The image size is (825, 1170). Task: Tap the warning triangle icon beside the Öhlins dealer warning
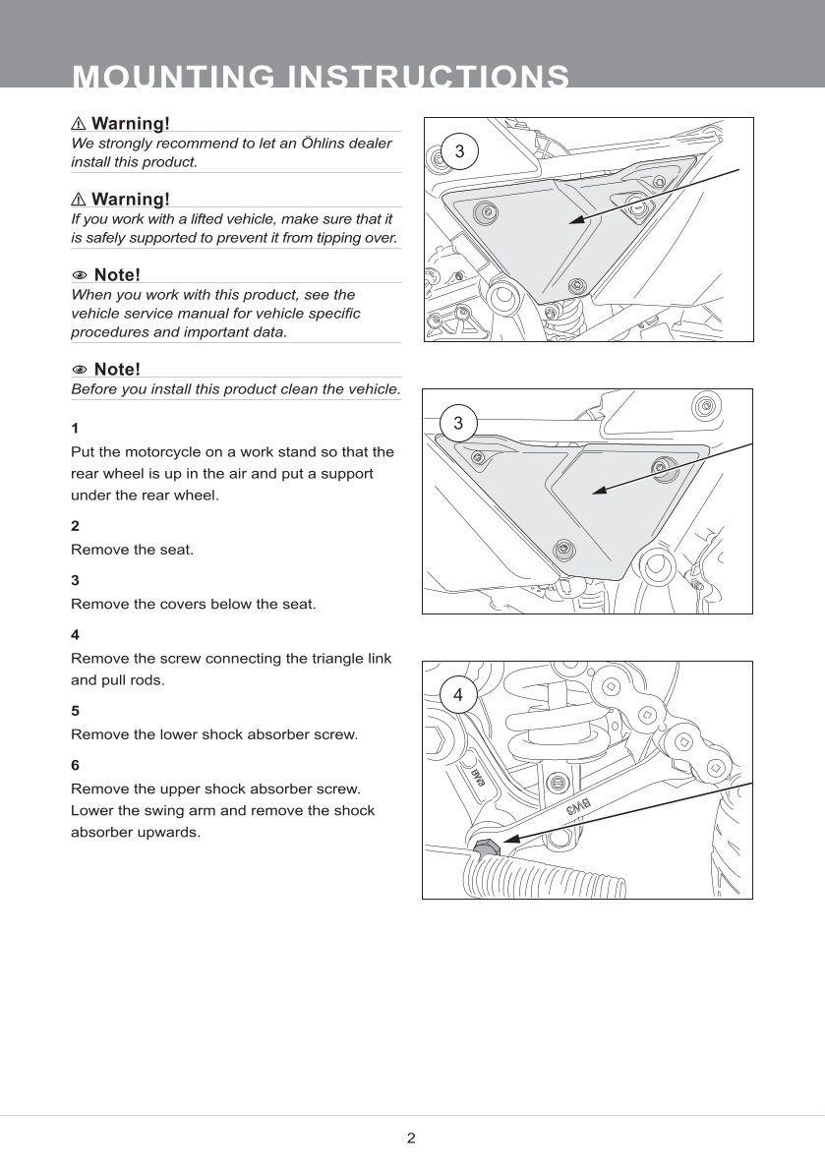click(x=79, y=124)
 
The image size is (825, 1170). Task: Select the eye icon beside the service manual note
click(x=80, y=275)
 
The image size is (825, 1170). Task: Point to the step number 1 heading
click(x=75, y=429)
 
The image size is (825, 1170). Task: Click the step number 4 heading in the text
click(x=75, y=635)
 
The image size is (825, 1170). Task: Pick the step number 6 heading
click(x=75, y=765)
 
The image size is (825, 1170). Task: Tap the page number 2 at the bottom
click(x=411, y=1139)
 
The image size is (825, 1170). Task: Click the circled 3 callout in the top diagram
click(x=458, y=152)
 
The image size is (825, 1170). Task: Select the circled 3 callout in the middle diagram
click(x=457, y=425)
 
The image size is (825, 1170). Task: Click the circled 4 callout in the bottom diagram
click(x=457, y=695)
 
